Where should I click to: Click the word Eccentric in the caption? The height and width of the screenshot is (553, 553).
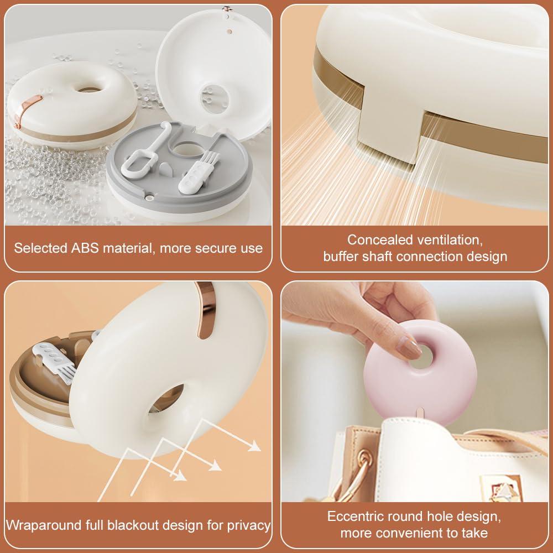coord(354,517)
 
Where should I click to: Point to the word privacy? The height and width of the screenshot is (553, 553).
coord(249,525)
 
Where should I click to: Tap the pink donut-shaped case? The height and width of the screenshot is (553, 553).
coord(420,373)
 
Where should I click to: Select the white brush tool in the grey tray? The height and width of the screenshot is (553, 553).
coord(198,173)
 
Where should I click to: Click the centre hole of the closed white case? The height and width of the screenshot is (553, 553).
coord(88,90)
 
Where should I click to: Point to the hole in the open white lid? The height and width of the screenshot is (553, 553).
coord(215,100)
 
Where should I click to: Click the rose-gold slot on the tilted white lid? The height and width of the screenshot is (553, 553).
coord(206,310)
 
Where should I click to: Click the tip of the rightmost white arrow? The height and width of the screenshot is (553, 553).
coord(260,450)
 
